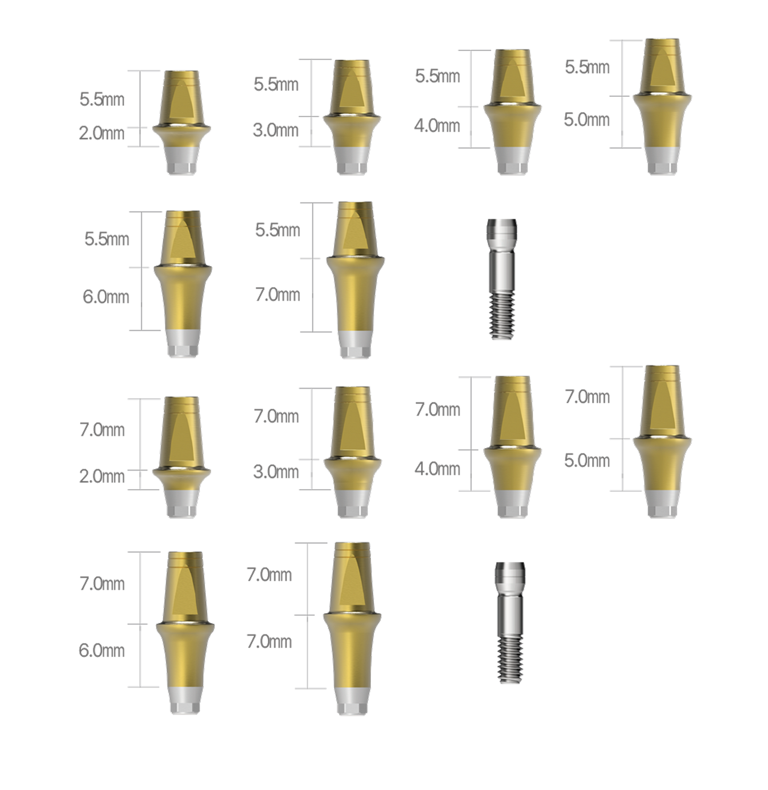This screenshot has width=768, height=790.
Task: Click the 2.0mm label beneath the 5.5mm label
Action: (102, 133)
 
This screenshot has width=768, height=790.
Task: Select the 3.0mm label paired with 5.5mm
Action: (276, 130)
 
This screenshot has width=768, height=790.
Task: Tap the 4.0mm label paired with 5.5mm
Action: (437, 126)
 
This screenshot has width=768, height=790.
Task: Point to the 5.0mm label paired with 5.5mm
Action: (587, 120)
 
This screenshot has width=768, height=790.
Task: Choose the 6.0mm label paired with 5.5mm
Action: (106, 297)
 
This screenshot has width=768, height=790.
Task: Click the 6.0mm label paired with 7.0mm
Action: (102, 651)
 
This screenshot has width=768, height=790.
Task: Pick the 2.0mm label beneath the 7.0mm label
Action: (102, 476)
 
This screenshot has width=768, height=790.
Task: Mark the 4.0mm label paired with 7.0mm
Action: (437, 469)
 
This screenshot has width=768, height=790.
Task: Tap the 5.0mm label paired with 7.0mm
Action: (587, 461)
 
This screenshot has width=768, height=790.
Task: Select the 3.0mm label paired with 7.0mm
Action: (276, 472)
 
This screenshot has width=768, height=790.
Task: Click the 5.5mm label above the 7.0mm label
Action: (277, 230)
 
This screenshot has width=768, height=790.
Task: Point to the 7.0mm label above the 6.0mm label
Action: (102, 584)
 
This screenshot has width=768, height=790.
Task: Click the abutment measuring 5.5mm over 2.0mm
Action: (181, 123)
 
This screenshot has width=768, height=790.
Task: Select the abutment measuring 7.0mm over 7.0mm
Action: (352, 628)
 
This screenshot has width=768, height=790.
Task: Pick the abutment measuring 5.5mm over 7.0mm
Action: (355, 280)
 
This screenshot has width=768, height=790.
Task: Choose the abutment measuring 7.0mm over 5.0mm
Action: (662, 441)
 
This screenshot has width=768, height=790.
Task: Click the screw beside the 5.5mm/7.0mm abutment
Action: (502, 279)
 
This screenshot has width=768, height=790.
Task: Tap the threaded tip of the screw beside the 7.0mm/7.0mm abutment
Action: (511, 659)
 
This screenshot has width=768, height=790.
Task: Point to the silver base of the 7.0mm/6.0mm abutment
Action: (185, 700)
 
